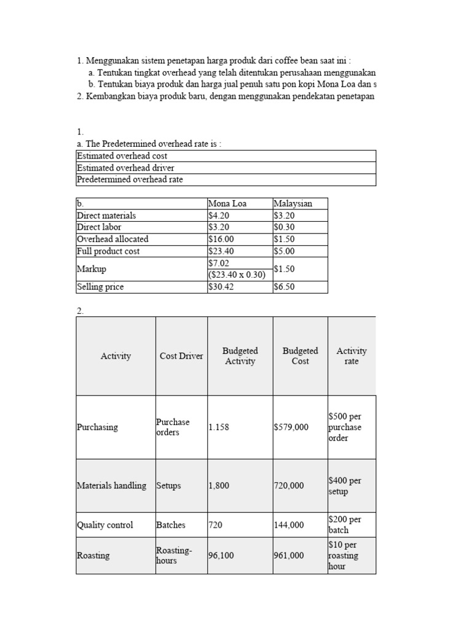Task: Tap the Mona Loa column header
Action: [x=227, y=203]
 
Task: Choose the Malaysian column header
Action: [x=293, y=203]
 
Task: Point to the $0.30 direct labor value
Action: [x=284, y=227]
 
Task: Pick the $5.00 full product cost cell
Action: [x=284, y=251]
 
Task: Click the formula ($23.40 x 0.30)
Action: [x=237, y=275]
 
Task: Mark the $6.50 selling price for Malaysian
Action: [x=284, y=287]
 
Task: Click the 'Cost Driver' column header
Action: [x=181, y=356]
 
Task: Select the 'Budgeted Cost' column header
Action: [x=301, y=356]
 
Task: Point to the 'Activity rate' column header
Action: [x=352, y=356]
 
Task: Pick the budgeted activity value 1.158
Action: [x=219, y=427]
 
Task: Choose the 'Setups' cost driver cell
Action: [x=169, y=485]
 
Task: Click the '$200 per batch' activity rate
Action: [x=345, y=525]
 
